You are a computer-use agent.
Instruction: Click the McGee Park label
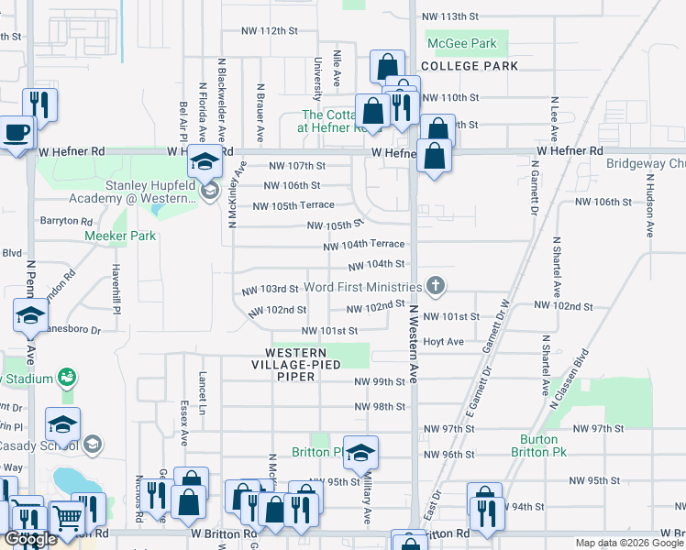click(461, 43)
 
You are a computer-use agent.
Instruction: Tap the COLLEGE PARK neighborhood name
click(470, 66)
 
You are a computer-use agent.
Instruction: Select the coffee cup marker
click(17, 133)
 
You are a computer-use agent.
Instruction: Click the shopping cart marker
click(66, 519)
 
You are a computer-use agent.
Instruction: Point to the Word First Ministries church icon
click(436, 287)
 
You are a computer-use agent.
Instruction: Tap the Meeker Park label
click(120, 236)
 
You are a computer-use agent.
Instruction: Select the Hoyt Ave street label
click(443, 342)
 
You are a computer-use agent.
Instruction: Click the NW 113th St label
click(450, 16)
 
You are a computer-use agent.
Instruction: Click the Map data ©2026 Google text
click(628, 543)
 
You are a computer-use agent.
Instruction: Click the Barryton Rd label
click(66, 221)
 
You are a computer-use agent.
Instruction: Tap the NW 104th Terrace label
click(364, 245)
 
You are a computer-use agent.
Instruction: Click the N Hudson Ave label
click(649, 212)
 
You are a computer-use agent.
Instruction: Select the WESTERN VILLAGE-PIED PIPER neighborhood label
click(303, 358)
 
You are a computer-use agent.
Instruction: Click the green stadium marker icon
click(65, 377)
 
